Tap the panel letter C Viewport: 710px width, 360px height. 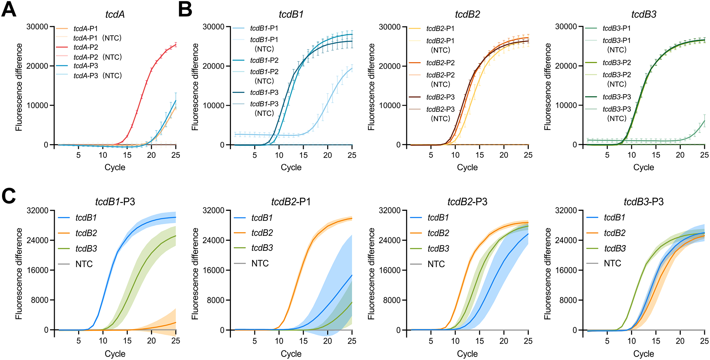coord(9,196)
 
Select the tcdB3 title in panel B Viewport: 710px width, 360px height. coord(643,14)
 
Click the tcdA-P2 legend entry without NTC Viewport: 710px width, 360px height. coord(86,47)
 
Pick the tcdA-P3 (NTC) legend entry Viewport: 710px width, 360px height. coord(98,75)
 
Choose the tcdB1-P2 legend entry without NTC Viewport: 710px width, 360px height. coord(264,60)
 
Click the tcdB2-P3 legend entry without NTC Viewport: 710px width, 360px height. coord(440,97)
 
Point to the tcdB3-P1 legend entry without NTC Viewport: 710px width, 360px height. coord(616,28)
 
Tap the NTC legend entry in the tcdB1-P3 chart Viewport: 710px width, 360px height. coord(84,264)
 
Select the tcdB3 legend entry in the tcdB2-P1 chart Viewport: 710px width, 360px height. coord(262,248)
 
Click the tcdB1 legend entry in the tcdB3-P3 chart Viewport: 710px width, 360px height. coord(614,218)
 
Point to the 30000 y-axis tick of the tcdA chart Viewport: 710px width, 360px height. coord(37,27)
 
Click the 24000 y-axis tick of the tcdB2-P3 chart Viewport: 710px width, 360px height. coord(390,240)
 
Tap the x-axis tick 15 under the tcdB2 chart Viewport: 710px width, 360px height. coord(479,155)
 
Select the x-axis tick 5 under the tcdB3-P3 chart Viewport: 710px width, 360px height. coord(607,341)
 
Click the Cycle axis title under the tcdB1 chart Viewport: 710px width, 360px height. coord(291,167)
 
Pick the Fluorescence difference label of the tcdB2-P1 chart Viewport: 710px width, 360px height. coord(195,274)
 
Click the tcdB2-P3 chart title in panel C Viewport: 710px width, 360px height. coord(467,202)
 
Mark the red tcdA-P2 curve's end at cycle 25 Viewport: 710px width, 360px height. coord(176,44)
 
